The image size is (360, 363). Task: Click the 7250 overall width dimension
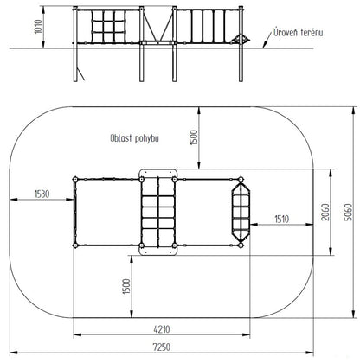(162, 347)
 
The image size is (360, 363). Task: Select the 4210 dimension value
(162, 329)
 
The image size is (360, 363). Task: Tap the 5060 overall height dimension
(349, 213)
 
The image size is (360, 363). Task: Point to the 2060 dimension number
(325, 213)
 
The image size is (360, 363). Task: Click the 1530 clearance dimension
(42, 194)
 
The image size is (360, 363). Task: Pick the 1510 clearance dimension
(281, 220)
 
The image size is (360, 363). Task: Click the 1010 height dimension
(38, 27)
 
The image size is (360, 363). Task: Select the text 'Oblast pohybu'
(134, 138)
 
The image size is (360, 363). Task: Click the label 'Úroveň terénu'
(299, 32)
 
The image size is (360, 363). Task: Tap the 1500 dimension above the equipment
(195, 137)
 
